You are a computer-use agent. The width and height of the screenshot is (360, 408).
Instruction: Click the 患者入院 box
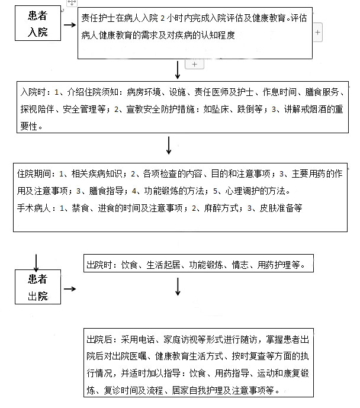(x=38, y=23)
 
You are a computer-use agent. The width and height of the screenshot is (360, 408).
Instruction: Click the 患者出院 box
(x=38, y=287)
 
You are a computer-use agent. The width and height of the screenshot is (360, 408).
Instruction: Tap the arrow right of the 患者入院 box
(x=70, y=25)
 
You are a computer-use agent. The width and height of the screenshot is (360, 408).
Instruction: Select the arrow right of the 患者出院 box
(x=70, y=289)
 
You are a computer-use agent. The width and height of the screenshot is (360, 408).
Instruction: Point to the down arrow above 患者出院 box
(x=36, y=263)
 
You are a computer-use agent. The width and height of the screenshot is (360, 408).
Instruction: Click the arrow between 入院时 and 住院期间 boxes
(x=169, y=146)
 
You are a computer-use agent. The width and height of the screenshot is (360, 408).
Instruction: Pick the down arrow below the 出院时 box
(x=178, y=287)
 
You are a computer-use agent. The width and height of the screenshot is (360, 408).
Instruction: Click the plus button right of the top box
(x=317, y=32)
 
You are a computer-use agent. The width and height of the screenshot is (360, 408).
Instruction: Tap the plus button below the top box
(x=194, y=65)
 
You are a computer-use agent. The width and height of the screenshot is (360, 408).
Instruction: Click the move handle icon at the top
(x=72, y=3)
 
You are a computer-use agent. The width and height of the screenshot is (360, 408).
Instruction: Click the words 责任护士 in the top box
(x=98, y=18)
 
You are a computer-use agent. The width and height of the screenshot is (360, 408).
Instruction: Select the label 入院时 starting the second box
(x=33, y=92)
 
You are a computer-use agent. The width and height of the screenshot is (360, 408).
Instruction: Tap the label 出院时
(x=99, y=265)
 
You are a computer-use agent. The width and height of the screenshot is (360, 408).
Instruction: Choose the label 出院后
(x=99, y=339)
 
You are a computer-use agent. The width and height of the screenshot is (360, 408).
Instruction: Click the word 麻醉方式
(x=221, y=208)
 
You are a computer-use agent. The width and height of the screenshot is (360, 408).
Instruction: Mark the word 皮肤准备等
(x=281, y=208)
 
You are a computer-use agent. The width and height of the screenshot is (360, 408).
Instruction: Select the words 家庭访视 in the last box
(x=181, y=339)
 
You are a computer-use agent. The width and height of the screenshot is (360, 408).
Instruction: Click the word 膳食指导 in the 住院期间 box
(x=106, y=191)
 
